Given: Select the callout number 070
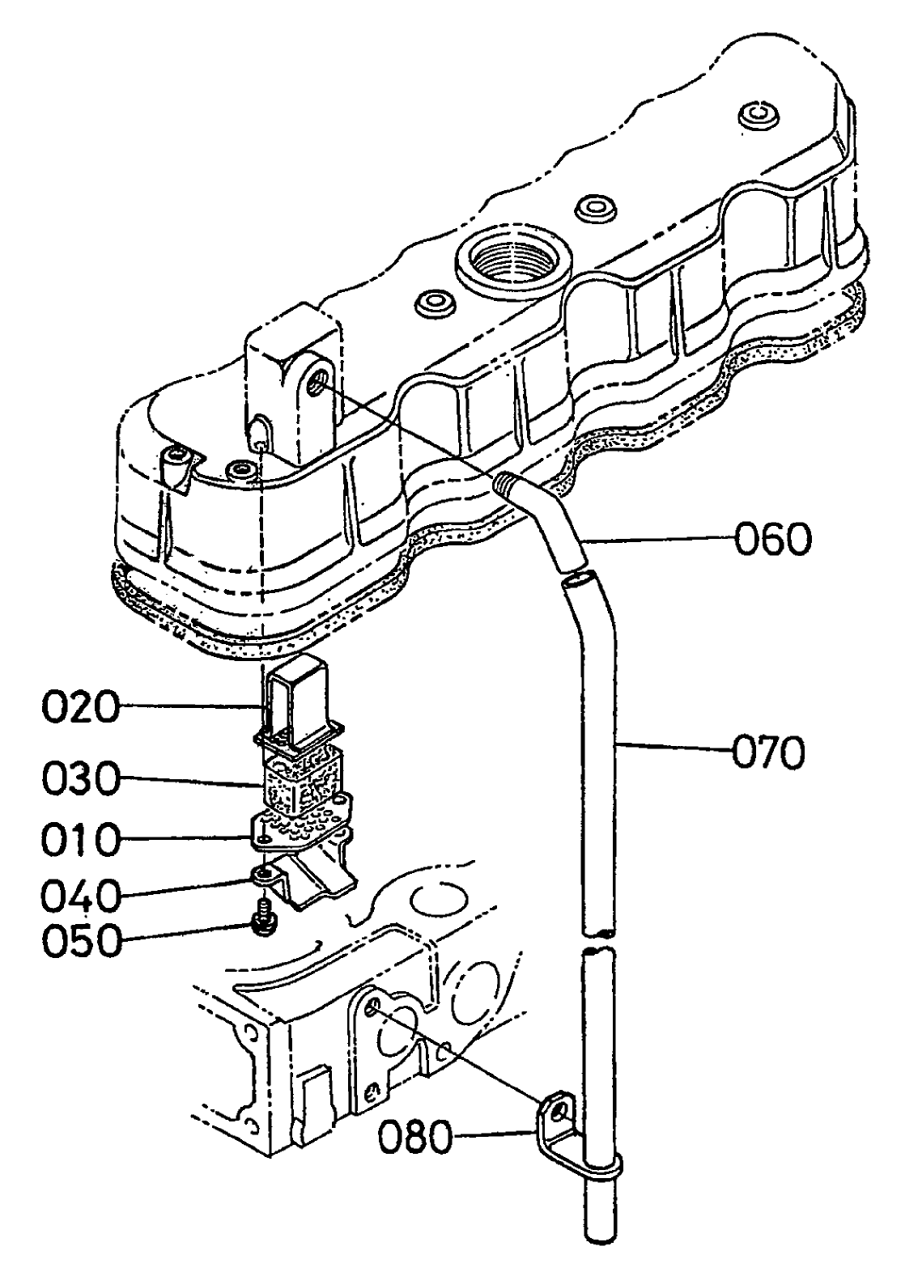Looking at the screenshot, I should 768,752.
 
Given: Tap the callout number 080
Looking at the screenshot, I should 415,1138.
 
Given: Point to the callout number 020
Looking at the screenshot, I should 79,708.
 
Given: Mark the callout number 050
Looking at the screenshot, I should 79,940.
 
